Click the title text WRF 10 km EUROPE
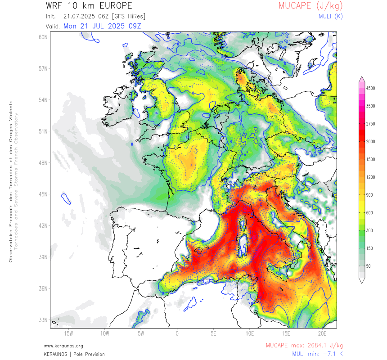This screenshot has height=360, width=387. point(89,6)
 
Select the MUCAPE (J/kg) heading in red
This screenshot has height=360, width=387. point(310,6)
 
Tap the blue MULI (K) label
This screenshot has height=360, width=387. point(330,16)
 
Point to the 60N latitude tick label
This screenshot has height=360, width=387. point(43,37)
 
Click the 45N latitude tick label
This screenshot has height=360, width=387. point(43,194)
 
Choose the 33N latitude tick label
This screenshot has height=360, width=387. point(43,320)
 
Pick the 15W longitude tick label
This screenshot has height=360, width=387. point(68,333)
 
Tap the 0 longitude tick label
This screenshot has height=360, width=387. point(177,333)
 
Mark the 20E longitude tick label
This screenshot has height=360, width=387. point(322,333)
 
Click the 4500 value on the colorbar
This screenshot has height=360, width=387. point(370,89)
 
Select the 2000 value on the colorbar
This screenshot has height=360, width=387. point(370,141)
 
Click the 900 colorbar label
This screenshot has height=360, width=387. point(369,195)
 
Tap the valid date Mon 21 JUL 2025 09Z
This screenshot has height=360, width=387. point(102,26)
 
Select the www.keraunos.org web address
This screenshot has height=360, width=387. point(63,346)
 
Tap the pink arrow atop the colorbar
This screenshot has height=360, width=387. point(362,80)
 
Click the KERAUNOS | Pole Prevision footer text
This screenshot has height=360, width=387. point(74,354)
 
